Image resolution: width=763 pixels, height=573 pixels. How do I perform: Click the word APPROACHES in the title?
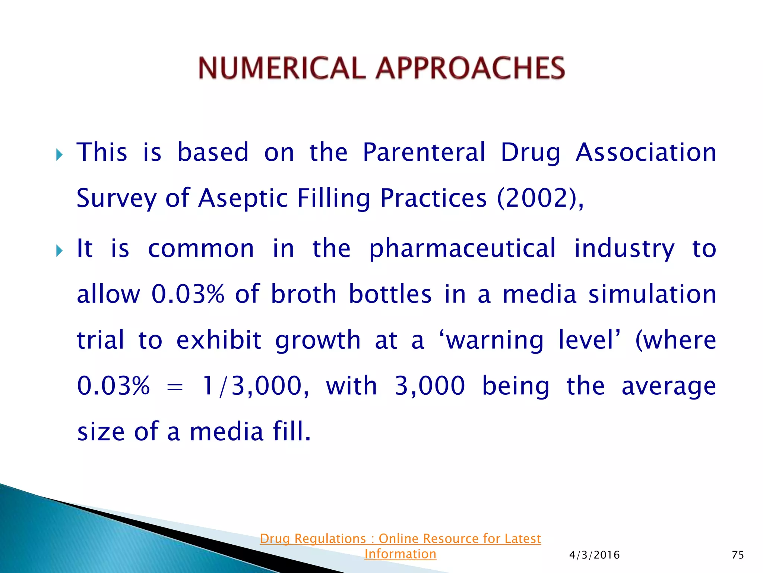point(470,68)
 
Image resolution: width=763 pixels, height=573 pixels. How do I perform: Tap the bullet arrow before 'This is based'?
point(59,154)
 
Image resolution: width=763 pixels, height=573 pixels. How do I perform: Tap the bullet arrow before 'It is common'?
point(59,251)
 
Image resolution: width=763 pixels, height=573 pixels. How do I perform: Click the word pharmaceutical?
point(462,249)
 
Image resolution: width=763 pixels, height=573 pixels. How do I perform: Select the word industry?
point(624,249)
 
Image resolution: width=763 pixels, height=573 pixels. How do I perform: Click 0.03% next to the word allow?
point(188,294)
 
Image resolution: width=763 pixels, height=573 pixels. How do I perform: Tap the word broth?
point(304,294)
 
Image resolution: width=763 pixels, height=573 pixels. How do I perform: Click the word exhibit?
point(219,340)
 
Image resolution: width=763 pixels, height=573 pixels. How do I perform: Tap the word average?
point(669,387)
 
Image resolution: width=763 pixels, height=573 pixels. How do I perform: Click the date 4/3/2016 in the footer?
point(594,555)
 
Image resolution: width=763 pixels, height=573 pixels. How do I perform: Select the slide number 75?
point(738,555)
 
